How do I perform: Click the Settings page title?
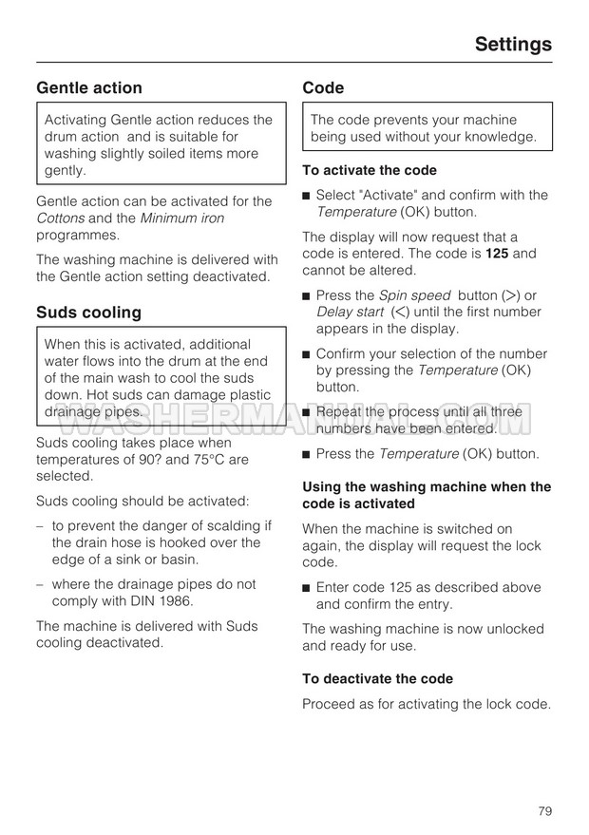point(512,44)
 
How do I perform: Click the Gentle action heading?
point(89,87)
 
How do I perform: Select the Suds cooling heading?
point(88,312)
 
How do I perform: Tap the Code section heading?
point(323,87)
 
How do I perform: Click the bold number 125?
point(499,254)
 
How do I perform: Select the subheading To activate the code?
point(370,170)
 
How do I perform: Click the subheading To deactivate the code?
point(377,678)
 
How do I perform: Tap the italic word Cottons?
point(61,218)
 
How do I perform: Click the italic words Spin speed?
point(413,295)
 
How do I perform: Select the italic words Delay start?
point(351,312)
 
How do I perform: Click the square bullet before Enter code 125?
point(307,588)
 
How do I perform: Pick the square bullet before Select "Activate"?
point(307,196)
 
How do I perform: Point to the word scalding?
point(230,525)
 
